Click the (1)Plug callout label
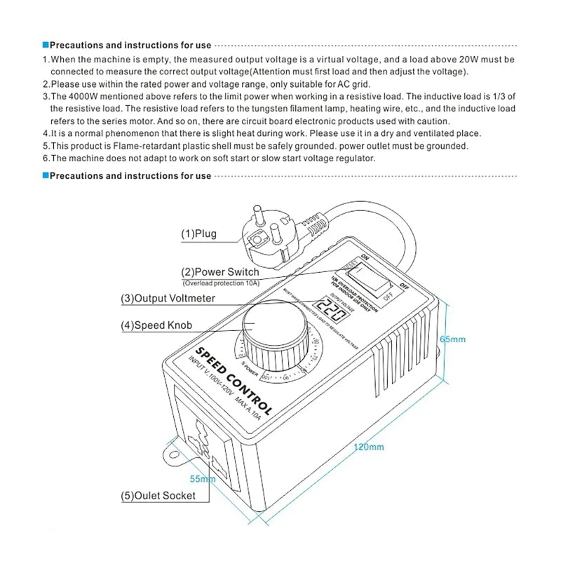click(x=199, y=234)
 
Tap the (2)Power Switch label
click(x=220, y=271)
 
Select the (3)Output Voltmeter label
click(x=168, y=298)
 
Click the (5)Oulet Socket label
click(x=158, y=496)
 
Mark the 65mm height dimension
click(x=452, y=339)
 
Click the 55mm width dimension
click(x=203, y=479)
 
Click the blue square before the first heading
click(x=45, y=45)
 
